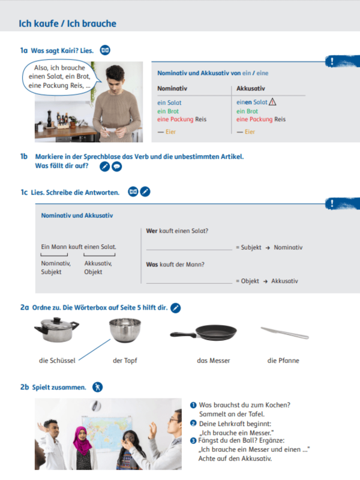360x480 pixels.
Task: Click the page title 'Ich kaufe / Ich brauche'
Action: click(x=67, y=24)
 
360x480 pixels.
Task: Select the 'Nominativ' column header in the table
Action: click(x=172, y=88)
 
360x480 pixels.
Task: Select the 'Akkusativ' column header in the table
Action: click(x=250, y=88)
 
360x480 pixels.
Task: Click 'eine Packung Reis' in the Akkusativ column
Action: click(x=260, y=119)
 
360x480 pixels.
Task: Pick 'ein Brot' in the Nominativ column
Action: click(x=168, y=111)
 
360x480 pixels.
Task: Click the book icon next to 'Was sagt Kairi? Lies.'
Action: click(x=105, y=50)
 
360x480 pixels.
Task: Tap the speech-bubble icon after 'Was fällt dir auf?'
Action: click(x=117, y=166)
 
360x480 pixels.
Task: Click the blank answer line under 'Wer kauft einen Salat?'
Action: click(x=188, y=247)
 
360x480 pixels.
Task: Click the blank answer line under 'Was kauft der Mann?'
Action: click(x=188, y=281)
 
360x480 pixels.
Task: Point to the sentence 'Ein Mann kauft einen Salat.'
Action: click(x=79, y=247)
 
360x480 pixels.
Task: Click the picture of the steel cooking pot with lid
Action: click(x=56, y=331)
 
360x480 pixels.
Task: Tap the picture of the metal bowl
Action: click(x=125, y=331)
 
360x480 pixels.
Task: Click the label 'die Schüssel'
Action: click(x=56, y=361)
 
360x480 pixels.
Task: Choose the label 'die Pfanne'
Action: click(x=283, y=361)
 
